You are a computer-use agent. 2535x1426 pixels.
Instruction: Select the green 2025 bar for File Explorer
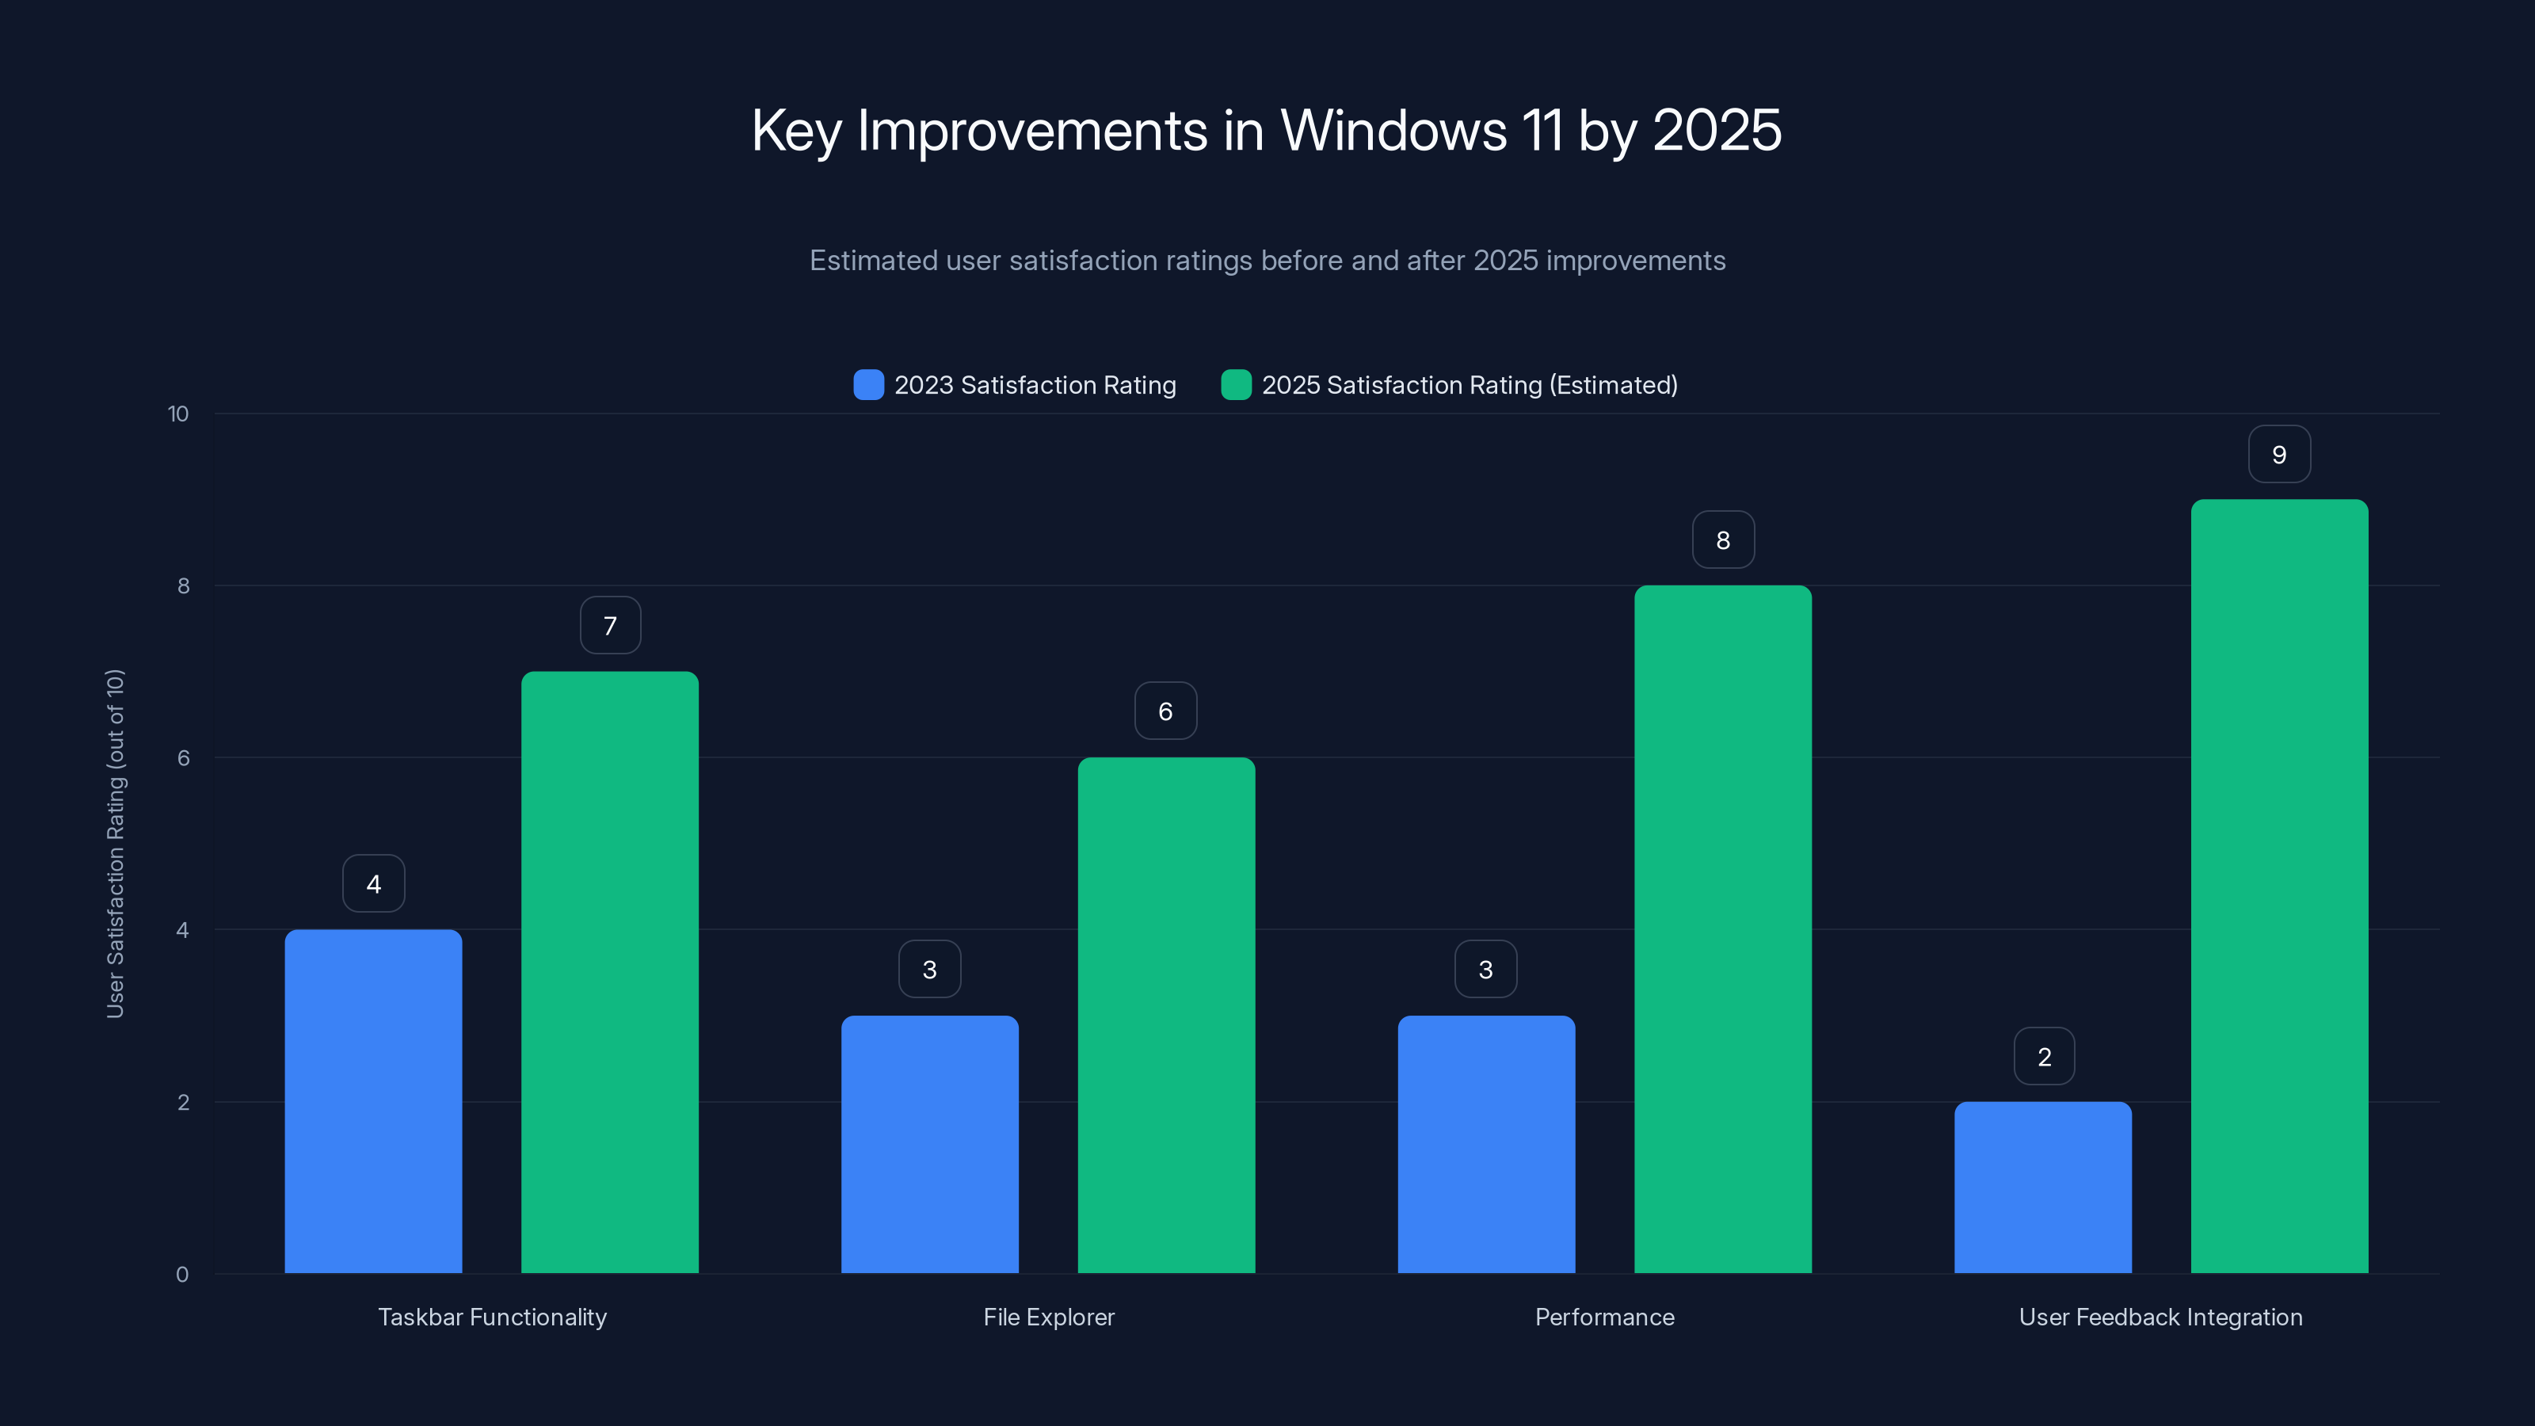[1166, 1014]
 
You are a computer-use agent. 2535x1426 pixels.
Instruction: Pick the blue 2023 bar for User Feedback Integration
[2043, 1187]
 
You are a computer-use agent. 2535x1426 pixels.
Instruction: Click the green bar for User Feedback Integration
[2279, 886]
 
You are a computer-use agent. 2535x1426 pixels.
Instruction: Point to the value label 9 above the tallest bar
[2279, 455]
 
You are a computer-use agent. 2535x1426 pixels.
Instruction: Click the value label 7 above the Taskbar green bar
[610, 626]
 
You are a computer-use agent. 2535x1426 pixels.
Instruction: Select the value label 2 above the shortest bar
[2044, 1057]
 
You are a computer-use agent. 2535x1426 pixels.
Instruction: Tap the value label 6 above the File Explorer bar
[1165, 711]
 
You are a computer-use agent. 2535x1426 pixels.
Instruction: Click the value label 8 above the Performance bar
[1722, 540]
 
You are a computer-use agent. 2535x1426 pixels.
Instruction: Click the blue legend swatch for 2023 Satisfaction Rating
[868, 385]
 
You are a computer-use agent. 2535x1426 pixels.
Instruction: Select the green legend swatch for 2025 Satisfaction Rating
[1236, 385]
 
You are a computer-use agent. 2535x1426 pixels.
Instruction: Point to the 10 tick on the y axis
[178, 414]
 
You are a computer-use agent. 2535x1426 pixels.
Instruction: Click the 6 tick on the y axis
[183, 758]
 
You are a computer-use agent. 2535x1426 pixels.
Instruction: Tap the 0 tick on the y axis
[182, 1275]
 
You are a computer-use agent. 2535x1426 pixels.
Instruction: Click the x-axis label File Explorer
[1048, 1317]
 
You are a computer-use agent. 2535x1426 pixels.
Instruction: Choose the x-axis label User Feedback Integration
[2160, 1317]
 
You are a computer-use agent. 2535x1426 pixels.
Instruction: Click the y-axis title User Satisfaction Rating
[115, 844]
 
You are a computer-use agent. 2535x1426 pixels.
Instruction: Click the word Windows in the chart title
[1393, 131]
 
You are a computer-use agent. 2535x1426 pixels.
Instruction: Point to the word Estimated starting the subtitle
[873, 261]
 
